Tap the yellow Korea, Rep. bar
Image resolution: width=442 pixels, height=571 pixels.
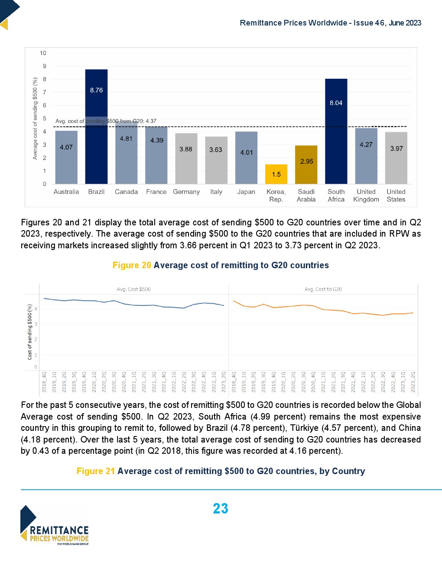(276, 174)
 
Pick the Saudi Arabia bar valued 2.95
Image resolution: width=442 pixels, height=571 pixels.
(306, 164)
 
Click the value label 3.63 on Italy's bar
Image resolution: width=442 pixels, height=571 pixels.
(216, 150)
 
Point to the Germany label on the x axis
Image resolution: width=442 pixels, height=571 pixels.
(186, 192)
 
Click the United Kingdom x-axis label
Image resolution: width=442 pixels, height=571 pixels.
(366, 196)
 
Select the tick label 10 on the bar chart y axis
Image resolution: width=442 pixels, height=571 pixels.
(43, 53)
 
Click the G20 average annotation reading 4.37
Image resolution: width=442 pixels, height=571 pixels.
(106, 121)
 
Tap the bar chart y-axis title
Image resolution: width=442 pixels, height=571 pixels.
(35, 118)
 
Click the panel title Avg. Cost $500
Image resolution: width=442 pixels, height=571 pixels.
(134, 289)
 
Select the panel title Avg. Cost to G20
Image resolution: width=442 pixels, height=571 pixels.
(323, 289)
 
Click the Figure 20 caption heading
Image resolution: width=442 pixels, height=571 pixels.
(221, 265)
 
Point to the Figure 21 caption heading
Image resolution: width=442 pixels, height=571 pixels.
(221, 471)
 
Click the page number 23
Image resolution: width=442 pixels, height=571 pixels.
(221, 509)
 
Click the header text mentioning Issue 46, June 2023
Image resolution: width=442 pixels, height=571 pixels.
(330, 23)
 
